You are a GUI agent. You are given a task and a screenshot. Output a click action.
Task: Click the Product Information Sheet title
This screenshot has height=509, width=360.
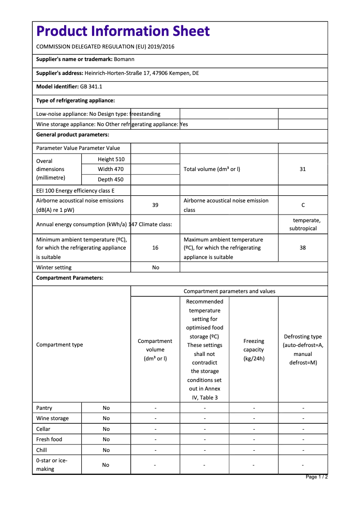[123, 31]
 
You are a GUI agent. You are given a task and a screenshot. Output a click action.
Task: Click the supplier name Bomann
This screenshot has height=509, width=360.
[124, 59]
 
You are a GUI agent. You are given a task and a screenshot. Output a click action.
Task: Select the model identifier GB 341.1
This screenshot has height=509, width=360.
[91, 87]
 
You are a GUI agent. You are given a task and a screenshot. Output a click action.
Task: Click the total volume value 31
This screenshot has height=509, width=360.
[303, 169]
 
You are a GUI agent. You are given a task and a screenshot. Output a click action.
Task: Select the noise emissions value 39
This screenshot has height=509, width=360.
[155, 205]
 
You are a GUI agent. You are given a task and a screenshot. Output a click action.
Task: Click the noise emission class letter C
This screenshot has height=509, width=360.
[303, 205]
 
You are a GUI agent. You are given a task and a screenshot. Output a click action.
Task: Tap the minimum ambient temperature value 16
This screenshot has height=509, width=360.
[155, 248]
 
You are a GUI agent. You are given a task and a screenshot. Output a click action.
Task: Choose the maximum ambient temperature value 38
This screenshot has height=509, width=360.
[303, 248]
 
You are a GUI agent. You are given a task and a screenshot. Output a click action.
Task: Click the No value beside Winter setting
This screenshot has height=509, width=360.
[155, 268]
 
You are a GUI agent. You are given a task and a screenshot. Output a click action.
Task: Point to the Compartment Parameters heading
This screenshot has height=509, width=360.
[70, 278]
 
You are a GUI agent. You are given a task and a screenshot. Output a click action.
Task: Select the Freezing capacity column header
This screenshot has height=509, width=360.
[254, 350]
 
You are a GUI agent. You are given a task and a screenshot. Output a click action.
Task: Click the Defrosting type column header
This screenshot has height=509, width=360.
[303, 350]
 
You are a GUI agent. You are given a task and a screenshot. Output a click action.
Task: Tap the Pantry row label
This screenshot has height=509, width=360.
[44, 408]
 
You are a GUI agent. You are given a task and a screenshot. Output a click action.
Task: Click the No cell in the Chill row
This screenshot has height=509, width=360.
[106, 450]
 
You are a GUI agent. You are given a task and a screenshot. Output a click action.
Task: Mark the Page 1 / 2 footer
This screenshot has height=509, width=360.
[316, 477]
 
